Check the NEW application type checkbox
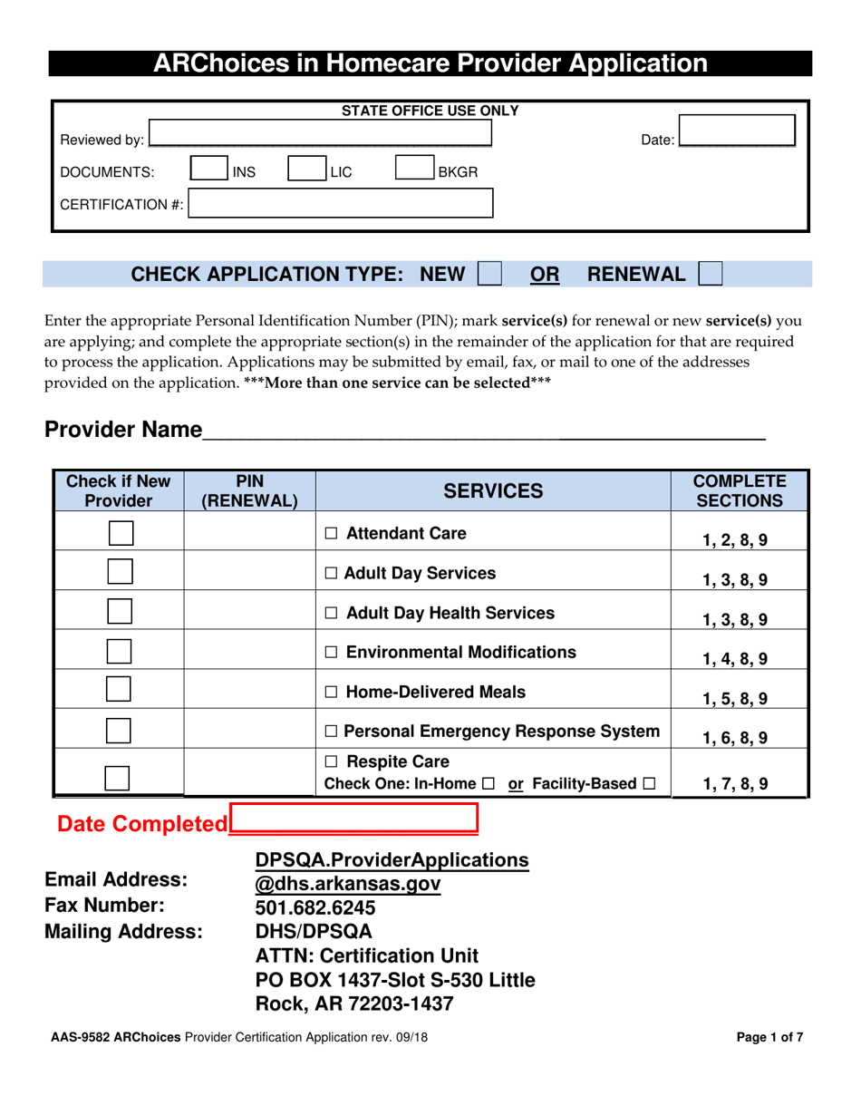click(x=489, y=274)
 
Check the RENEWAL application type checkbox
click(x=711, y=274)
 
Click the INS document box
click(x=210, y=170)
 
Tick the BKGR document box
click(x=415, y=170)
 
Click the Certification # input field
click(x=341, y=203)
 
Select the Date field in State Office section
click(x=736, y=130)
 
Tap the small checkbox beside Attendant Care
click(x=331, y=535)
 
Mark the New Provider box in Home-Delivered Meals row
click(x=119, y=690)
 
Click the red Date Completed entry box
click(x=354, y=820)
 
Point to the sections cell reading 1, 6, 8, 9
click(x=735, y=738)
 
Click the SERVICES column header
click(x=493, y=491)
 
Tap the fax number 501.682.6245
click(x=315, y=907)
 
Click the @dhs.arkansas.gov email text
click(x=348, y=883)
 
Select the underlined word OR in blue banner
click(x=545, y=275)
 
